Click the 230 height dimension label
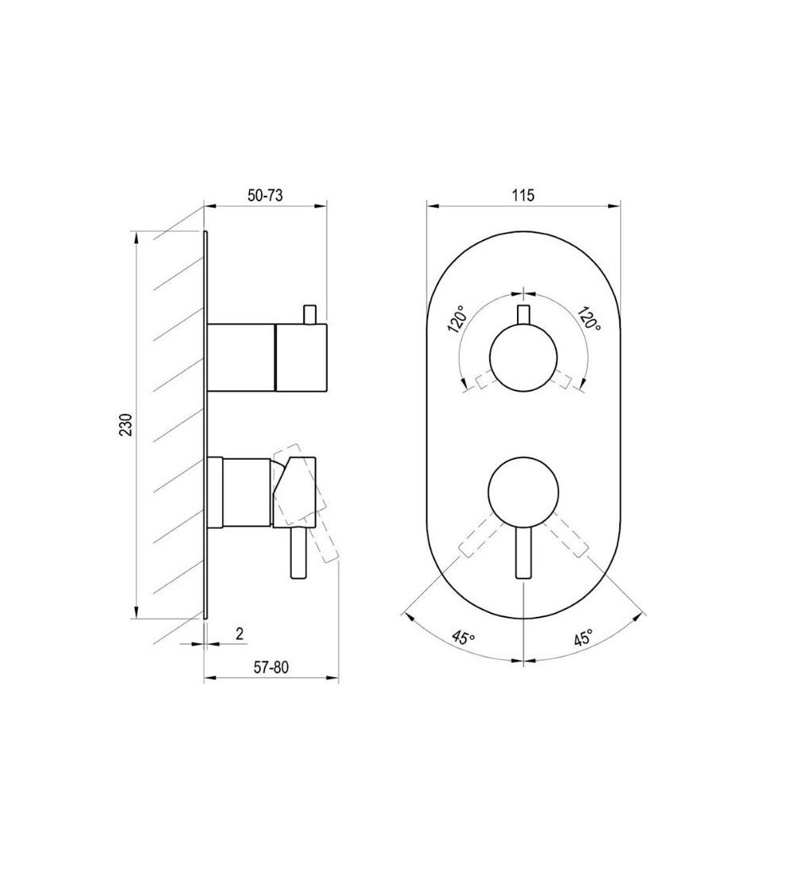[126, 424]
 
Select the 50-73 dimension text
[265, 195]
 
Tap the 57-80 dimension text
[270, 668]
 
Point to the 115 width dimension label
[523, 195]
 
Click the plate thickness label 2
[239, 634]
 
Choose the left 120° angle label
[457, 320]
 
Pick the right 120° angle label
[590, 320]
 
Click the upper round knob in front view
[523, 358]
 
